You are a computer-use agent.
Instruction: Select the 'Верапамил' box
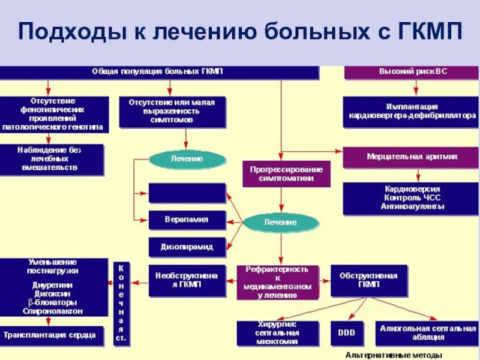coord(187,220)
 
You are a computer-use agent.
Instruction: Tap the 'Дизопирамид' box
coord(187,247)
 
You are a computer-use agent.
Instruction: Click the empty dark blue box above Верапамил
coord(187,193)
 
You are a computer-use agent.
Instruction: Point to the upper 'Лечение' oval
coord(187,159)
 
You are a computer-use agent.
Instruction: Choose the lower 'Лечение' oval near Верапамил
coord(280,222)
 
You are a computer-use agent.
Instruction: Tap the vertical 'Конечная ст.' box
coord(121,303)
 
